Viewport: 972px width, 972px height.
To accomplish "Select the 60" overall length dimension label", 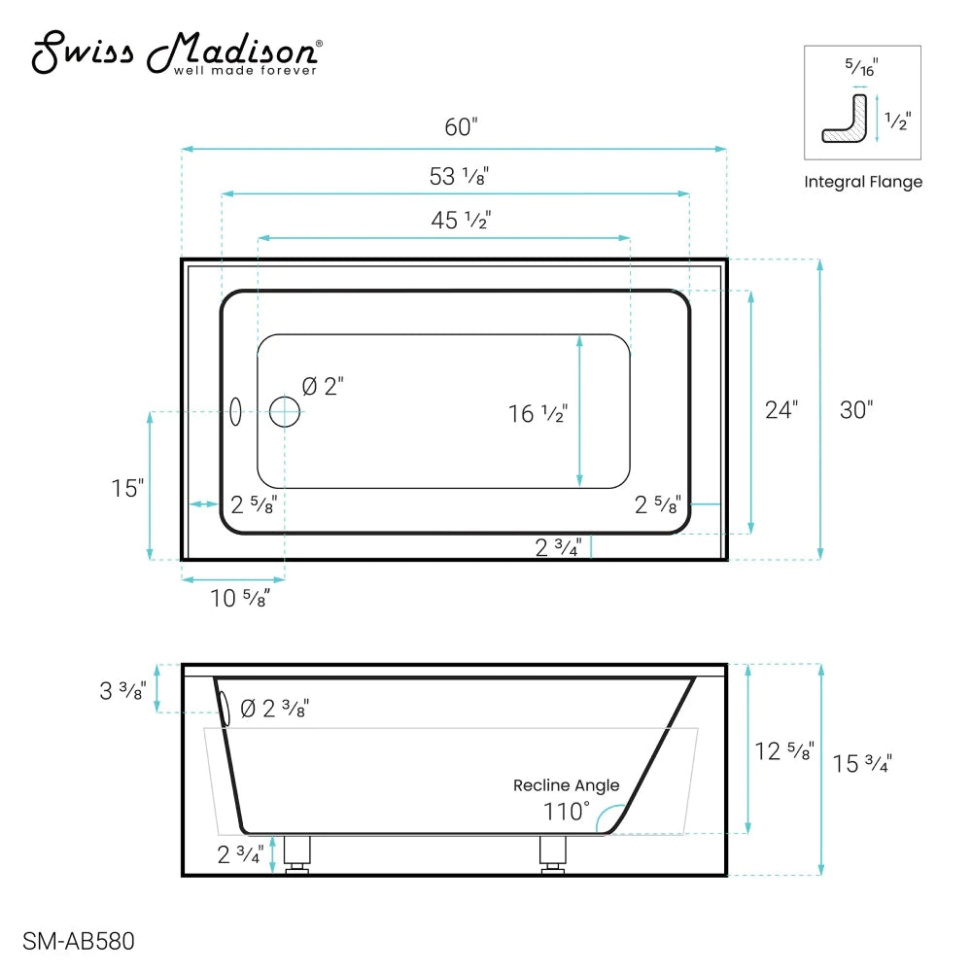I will [x=462, y=127].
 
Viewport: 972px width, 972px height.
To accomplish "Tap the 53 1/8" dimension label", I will [x=459, y=177].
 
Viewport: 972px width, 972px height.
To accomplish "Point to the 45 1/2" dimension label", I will [x=461, y=221].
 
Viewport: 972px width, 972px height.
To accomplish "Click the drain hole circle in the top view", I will [x=285, y=412].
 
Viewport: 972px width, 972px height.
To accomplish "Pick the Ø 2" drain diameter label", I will [x=323, y=387].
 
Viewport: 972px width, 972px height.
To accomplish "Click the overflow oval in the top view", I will [x=234, y=411].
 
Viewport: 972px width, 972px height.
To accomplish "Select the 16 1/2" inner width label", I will [x=538, y=414].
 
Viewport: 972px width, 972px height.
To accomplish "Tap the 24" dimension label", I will [x=781, y=410].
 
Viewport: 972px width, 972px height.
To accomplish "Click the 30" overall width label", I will [x=856, y=410].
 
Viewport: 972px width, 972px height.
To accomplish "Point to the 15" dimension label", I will [x=127, y=488].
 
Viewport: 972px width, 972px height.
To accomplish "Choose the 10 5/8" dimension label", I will [x=239, y=598].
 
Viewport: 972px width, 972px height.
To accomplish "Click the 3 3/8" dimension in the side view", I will [x=122, y=691].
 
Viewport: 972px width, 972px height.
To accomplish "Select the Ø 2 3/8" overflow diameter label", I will [x=274, y=709].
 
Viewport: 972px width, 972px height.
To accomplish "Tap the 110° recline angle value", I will [x=567, y=810].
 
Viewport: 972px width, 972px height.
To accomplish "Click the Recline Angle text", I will [x=566, y=785].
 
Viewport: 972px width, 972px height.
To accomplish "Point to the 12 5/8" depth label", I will [x=784, y=751].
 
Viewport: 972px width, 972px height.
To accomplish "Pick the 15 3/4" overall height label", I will [x=862, y=764].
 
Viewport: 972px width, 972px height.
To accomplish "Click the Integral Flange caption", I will [x=862, y=182].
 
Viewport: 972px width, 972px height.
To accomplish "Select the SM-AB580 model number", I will [x=78, y=941].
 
